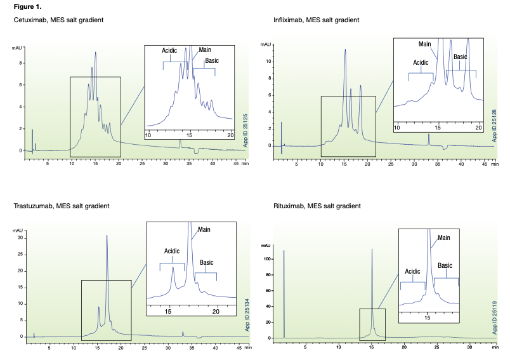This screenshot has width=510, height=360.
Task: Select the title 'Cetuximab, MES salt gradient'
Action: point(59,20)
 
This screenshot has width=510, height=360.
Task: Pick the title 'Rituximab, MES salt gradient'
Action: point(314,206)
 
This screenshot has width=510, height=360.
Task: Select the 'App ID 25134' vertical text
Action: point(247,313)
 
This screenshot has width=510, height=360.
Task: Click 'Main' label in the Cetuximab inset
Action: point(206,50)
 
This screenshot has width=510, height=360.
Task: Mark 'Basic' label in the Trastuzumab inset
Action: point(207,262)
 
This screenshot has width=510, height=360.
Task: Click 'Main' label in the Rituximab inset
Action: point(444,238)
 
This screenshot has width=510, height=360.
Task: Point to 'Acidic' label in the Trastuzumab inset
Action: point(172,251)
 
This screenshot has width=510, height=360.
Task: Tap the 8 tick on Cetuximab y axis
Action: point(21,63)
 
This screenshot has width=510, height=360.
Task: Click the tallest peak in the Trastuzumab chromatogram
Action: point(107,236)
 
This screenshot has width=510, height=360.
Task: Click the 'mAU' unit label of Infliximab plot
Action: point(266,45)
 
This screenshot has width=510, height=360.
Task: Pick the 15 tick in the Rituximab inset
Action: point(428,316)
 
